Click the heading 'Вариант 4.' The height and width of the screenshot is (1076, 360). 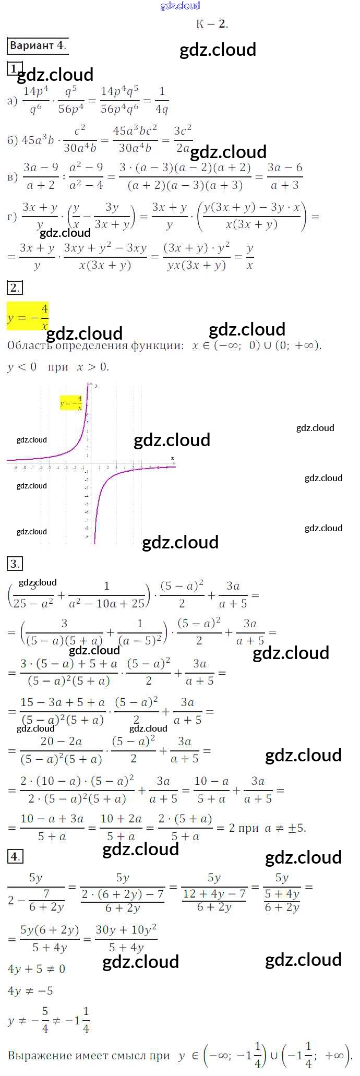[x=38, y=45]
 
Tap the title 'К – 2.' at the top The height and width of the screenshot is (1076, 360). [x=212, y=24]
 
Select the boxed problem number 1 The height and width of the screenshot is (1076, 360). [x=14, y=68]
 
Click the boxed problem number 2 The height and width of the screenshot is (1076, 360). [x=14, y=288]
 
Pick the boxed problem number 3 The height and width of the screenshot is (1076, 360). [x=14, y=564]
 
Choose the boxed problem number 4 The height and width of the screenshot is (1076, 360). [x=15, y=856]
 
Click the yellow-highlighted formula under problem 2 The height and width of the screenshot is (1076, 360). [x=28, y=317]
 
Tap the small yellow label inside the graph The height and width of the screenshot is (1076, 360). [x=71, y=403]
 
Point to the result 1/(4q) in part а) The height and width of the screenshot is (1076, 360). [x=161, y=100]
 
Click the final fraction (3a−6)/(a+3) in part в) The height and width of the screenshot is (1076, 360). [x=284, y=176]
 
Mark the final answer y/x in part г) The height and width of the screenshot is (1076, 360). [x=250, y=257]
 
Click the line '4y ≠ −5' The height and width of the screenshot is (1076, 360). [x=30, y=991]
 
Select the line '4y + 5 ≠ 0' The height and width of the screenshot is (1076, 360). [x=37, y=969]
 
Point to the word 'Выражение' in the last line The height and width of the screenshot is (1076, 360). [x=39, y=1056]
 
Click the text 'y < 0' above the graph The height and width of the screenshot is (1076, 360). [x=22, y=367]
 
